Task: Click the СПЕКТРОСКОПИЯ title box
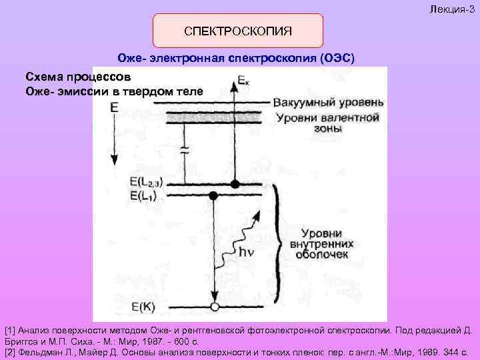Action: click(x=238, y=31)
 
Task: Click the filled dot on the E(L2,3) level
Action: click(x=235, y=183)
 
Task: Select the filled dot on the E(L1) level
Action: click(x=213, y=195)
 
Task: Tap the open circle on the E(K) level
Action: click(x=214, y=307)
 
